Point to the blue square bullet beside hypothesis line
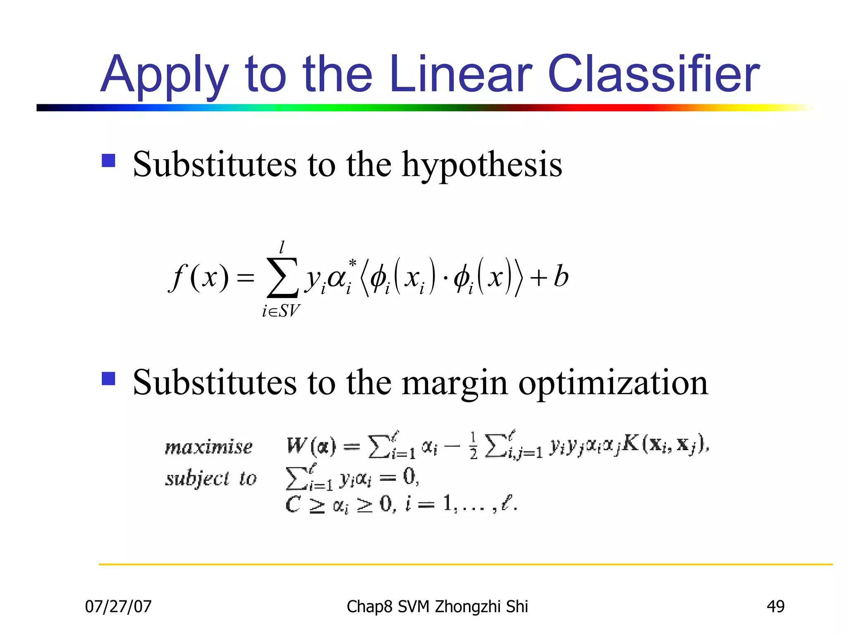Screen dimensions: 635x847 pos(108,160)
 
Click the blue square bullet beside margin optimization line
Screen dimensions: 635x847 pos(108,378)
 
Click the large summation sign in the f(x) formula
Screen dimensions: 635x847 pos(282,277)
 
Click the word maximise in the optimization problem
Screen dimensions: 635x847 pos(208,447)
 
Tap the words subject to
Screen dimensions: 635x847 pos(211,479)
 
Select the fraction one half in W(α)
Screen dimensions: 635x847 pos(474,446)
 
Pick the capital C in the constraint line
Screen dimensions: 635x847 pos(293,504)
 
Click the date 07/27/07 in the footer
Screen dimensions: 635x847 pos(118,606)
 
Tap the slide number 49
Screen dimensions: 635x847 pos(775,606)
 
